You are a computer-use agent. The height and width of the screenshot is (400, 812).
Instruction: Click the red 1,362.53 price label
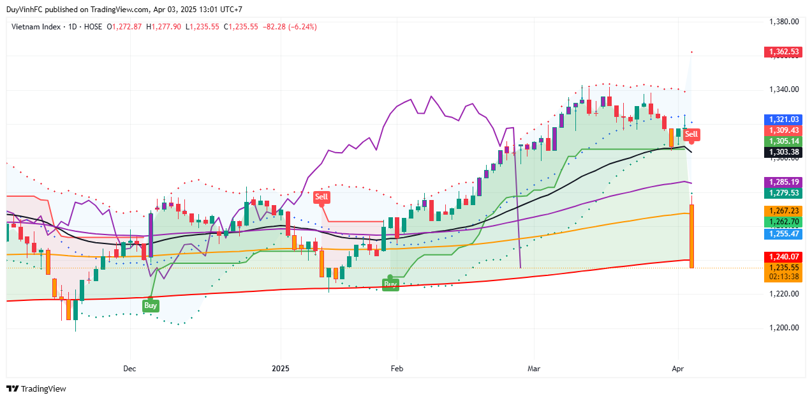[x=783, y=52]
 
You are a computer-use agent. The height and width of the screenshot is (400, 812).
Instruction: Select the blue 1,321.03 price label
[x=783, y=119]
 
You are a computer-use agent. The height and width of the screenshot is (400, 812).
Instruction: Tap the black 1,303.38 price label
[x=783, y=152]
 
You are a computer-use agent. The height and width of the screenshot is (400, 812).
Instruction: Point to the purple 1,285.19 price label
[x=783, y=182]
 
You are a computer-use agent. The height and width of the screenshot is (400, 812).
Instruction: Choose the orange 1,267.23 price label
[x=783, y=211]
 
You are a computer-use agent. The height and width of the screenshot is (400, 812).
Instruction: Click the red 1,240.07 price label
[x=783, y=257]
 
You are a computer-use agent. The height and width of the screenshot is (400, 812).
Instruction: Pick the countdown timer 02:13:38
[x=783, y=277]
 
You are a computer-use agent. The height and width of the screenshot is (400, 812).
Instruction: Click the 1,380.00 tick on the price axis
[x=785, y=22]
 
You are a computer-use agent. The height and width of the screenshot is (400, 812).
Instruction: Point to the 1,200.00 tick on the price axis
[x=785, y=328]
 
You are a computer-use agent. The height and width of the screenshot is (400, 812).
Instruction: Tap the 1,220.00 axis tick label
[x=785, y=294]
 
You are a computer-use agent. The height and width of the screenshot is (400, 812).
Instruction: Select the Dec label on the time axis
[x=129, y=369]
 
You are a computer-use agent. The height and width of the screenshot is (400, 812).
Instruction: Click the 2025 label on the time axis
[x=281, y=369]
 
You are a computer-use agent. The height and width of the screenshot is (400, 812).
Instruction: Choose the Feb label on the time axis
[x=397, y=369]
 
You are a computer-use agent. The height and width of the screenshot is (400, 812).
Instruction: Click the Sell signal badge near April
[x=691, y=134]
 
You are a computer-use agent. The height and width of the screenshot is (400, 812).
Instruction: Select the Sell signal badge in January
[x=321, y=197]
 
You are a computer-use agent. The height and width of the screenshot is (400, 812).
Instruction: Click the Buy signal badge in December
[x=151, y=305]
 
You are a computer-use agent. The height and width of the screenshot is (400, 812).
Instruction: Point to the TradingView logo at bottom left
[x=36, y=388]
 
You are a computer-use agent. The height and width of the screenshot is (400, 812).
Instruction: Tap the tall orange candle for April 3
[x=692, y=236]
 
